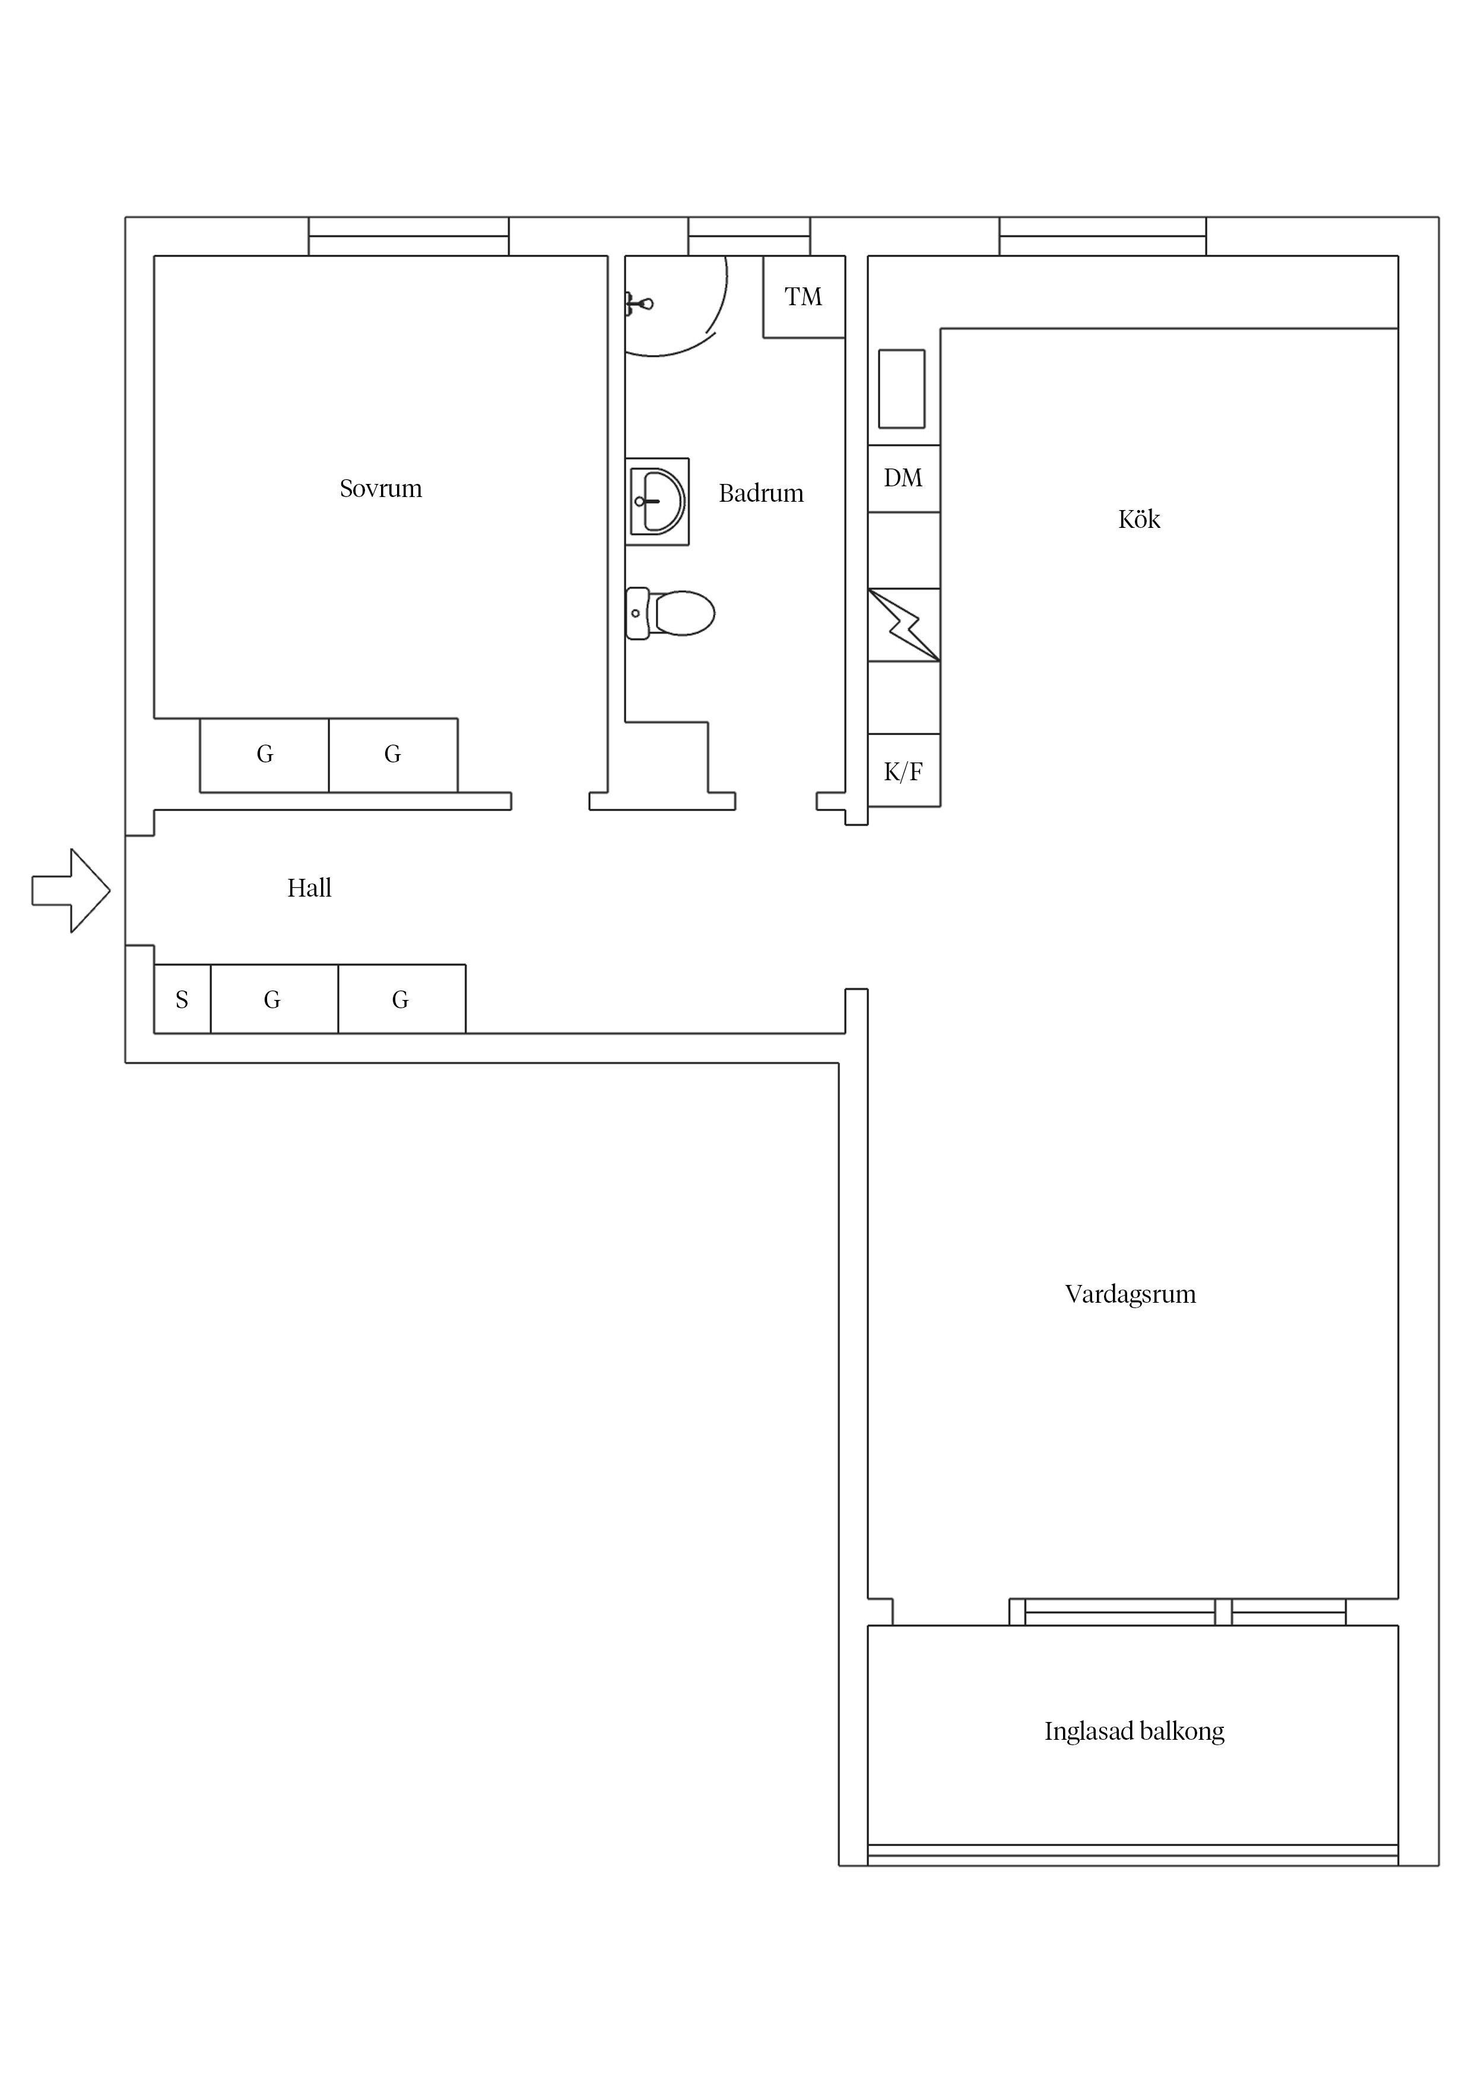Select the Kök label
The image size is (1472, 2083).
pyautogui.click(x=1138, y=519)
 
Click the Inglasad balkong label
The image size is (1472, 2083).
pyautogui.click(x=1134, y=1731)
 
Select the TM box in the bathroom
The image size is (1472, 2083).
pyautogui.click(x=804, y=297)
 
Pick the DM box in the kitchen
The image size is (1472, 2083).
pyautogui.click(x=903, y=478)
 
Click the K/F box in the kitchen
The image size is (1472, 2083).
pyautogui.click(x=903, y=771)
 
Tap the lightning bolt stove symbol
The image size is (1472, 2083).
pyautogui.click(x=903, y=625)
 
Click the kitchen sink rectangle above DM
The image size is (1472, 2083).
pyautogui.click(x=902, y=388)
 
